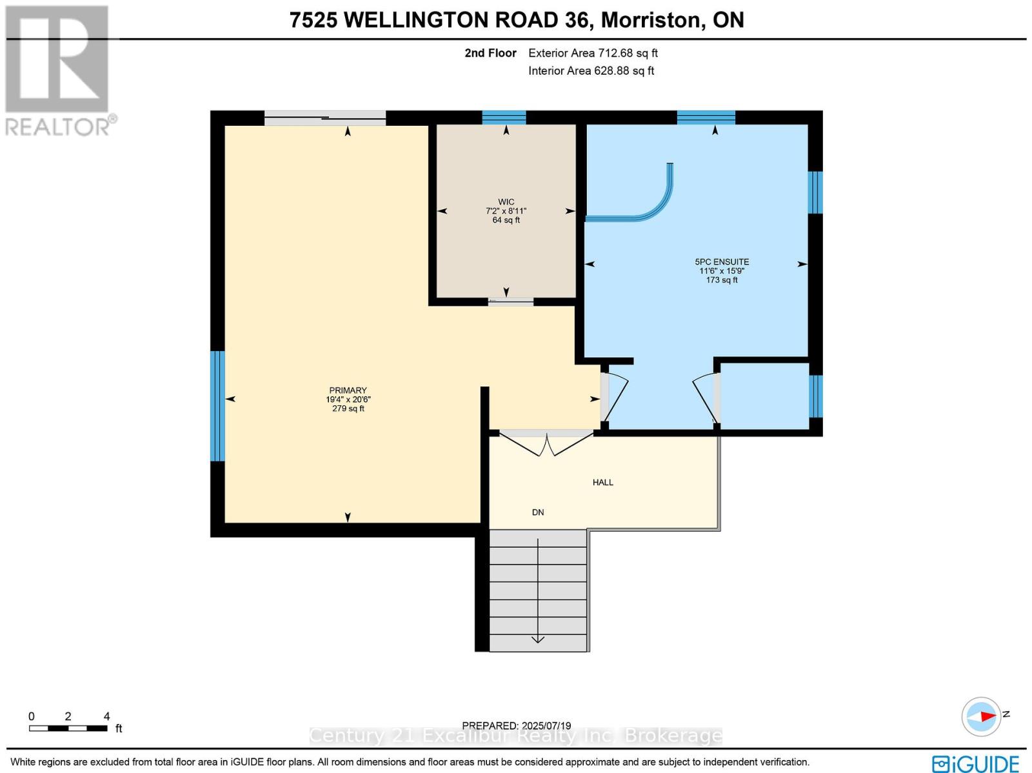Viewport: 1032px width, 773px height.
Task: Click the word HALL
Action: [602, 482]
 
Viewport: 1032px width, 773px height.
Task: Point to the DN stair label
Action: [537, 512]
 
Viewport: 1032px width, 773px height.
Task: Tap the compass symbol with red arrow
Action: [981, 716]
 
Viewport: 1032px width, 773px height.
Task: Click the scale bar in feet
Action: [68, 728]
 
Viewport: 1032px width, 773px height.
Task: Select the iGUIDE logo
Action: [975, 764]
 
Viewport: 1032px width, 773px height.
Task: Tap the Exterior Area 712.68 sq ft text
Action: [593, 53]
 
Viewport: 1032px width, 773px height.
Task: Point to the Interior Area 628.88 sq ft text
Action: [591, 70]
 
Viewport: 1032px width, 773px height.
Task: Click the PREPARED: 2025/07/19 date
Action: [516, 726]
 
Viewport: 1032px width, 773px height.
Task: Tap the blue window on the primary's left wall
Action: [218, 406]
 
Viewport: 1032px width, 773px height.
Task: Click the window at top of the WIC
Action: [504, 117]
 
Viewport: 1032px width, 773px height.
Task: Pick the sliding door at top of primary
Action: [325, 117]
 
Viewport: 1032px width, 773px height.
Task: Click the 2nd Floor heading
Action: [490, 53]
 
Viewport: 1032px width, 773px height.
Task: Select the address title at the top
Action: [516, 20]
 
